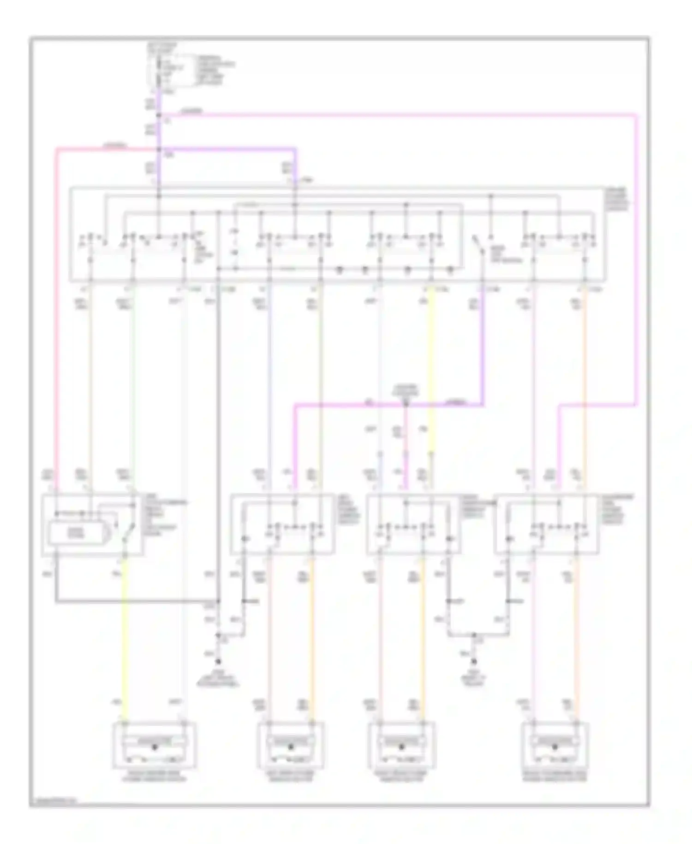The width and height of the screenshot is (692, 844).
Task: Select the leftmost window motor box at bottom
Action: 155,745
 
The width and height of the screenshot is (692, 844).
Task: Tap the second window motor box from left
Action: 291,745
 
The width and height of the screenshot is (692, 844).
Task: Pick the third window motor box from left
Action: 401,745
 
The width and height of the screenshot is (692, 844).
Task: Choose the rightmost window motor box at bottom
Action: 555,745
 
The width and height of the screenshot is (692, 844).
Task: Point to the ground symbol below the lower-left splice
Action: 218,661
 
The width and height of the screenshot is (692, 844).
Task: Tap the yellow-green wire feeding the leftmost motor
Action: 125,646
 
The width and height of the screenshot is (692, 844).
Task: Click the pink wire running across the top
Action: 397,115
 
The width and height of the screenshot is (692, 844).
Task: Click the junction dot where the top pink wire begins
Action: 159,115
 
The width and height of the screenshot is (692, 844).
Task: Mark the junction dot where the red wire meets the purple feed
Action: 159,149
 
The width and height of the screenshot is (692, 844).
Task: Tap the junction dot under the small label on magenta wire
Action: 406,405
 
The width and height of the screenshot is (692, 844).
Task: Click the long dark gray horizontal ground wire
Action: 138,602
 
